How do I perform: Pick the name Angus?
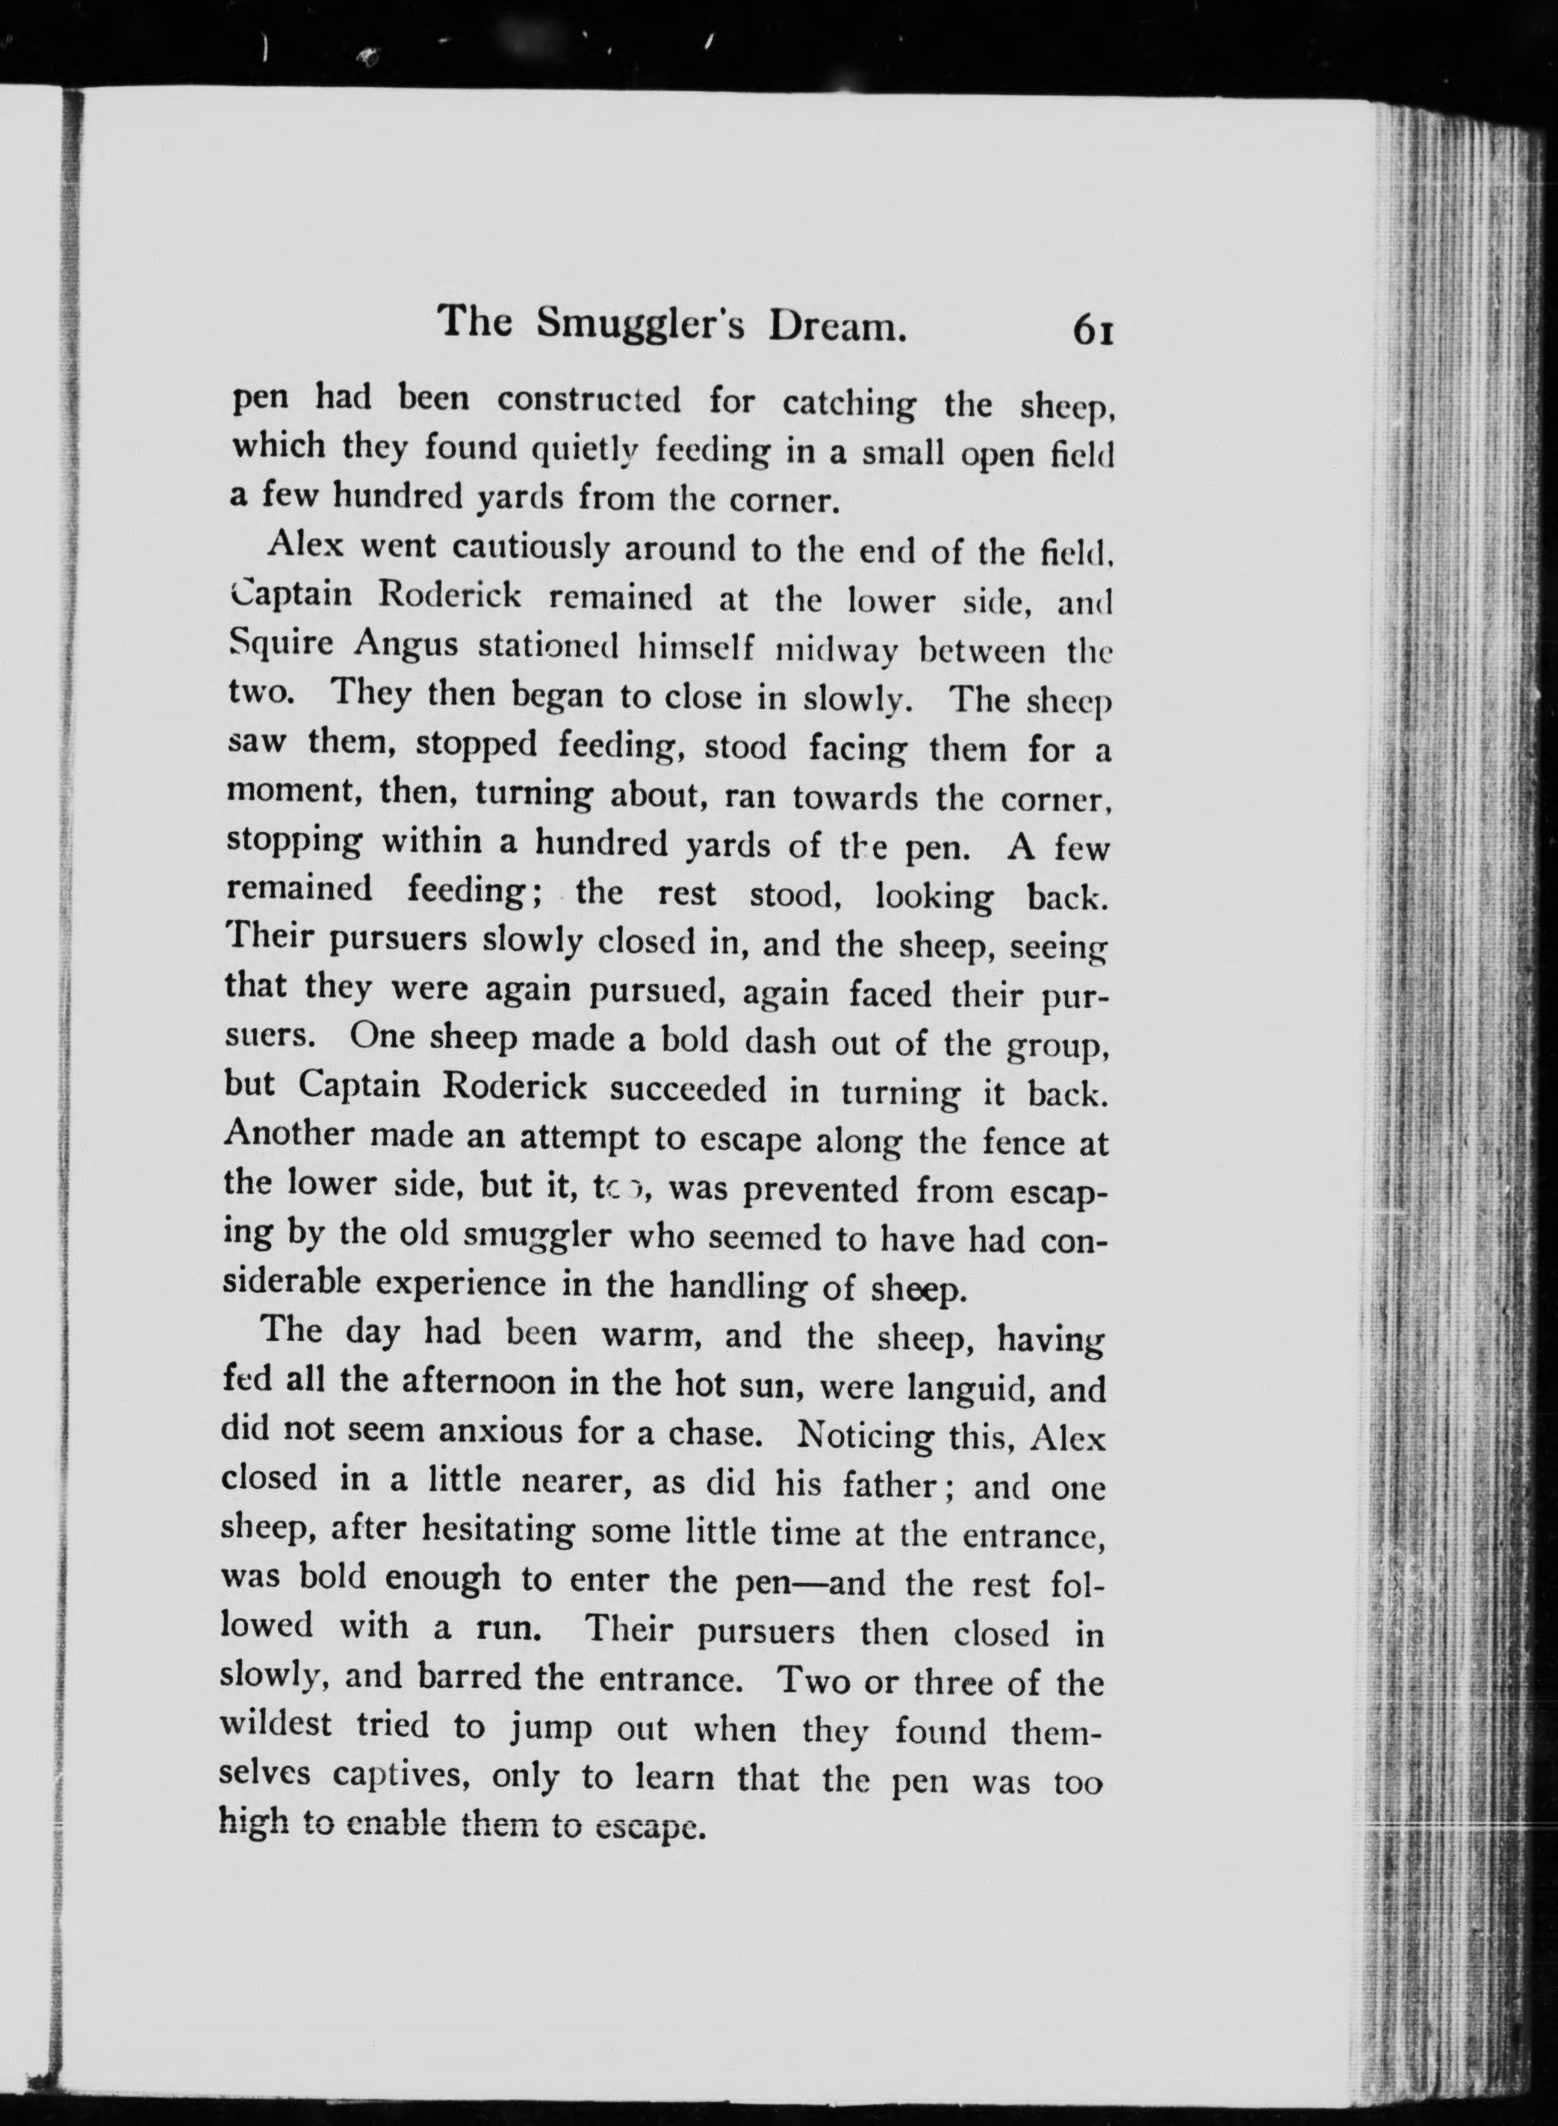pos(406,646)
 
